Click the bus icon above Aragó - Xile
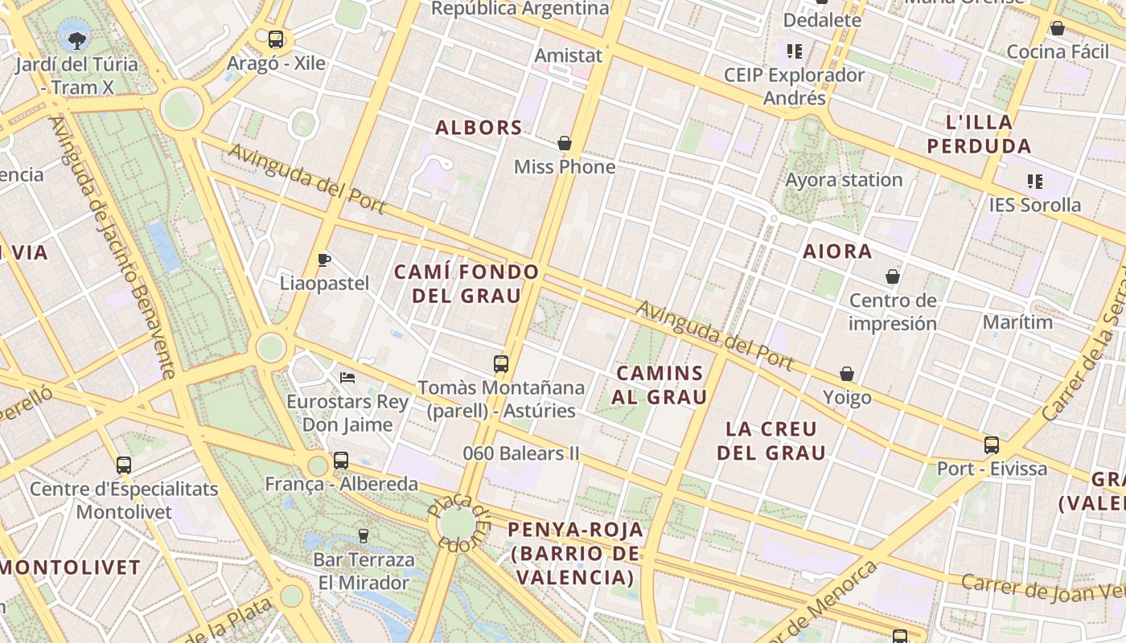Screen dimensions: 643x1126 click(276, 39)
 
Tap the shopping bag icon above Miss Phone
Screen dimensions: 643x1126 click(565, 143)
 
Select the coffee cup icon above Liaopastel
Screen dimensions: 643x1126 click(324, 259)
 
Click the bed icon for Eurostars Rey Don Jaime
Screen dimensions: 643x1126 click(347, 377)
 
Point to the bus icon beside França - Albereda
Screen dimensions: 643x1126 click(341, 461)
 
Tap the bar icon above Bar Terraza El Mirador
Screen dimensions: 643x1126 click(364, 535)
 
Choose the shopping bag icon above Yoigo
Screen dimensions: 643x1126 click(847, 374)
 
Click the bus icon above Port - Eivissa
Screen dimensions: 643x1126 click(992, 444)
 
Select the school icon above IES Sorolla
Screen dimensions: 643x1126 click(1035, 182)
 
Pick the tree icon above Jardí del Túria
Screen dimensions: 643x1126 click(77, 39)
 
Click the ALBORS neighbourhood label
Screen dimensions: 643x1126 click(479, 128)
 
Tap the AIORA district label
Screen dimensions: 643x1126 click(837, 252)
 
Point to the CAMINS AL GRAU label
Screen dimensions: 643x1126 click(660, 385)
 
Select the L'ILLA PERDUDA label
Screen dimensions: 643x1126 click(979, 134)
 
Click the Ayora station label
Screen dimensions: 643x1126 click(844, 180)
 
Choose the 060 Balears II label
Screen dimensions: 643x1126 click(521, 453)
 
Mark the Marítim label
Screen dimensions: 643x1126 click(1017, 322)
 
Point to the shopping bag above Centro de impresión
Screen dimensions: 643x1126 click(893, 277)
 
